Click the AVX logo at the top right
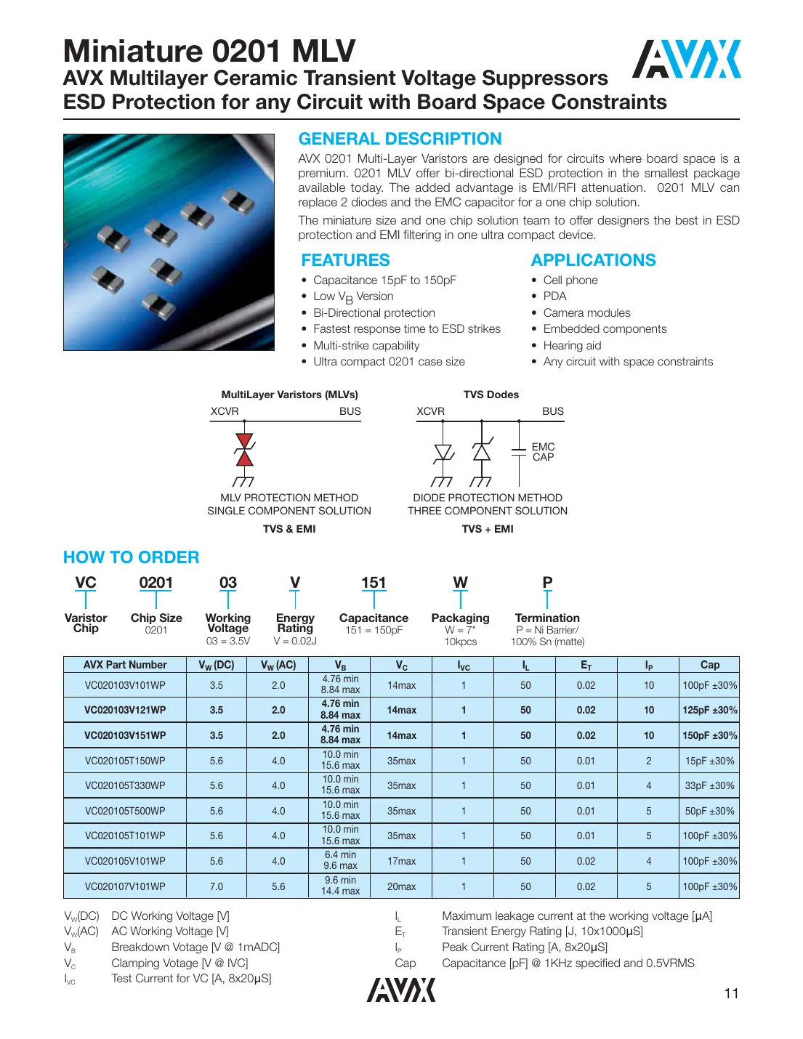click(x=686, y=59)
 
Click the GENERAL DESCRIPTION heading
click(x=400, y=139)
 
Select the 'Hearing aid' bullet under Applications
click(x=572, y=346)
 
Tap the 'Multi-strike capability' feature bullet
click(x=366, y=346)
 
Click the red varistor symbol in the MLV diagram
click(x=245, y=450)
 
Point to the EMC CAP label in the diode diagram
click(x=543, y=452)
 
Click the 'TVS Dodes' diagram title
click(x=491, y=395)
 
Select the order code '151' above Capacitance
click(x=374, y=583)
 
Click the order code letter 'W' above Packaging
click(x=460, y=583)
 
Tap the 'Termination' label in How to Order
click(x=547, y=618)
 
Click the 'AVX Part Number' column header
click(x=125, y=665)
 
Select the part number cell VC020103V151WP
click(x=125, y=735)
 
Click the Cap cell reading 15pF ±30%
click(x=709, y=761)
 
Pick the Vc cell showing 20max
click(x=401, y=886)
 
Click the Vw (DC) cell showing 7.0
click(x=217, y=886)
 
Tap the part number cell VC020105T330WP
click(x=125, y=785)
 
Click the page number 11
click(x=731, y=993)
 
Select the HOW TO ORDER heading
click(x=131, y=557)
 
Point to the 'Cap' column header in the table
click(x=709, y=665)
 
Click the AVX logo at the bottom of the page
click(x=401, y=990)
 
